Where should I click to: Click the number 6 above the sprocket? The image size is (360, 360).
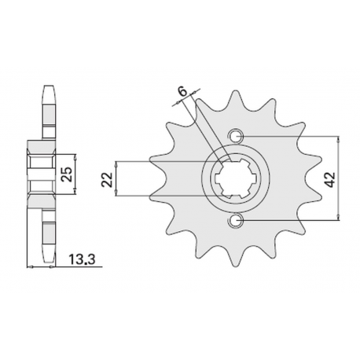[x=182, y=94]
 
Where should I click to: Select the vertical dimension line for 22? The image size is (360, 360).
[x=116, y=180]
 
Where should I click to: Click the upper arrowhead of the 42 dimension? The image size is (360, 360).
[x=339, y=139]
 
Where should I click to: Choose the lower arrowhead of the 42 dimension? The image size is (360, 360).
[x=339, y=220]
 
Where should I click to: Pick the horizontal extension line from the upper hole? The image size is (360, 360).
[x=291, y=136]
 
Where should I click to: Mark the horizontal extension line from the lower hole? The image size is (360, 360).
[x=291, y=223]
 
